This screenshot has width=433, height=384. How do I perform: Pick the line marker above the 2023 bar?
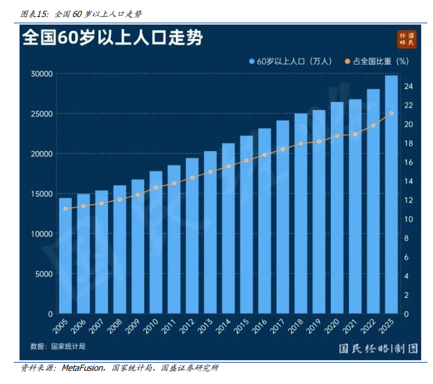tap(391, 113)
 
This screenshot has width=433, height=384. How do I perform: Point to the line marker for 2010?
tap(156, 187)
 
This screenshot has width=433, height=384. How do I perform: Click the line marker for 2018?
tap(301, 144)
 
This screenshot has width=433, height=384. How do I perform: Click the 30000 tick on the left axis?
tap(42, 74)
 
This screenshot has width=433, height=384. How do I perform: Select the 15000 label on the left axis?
tap(42, 194)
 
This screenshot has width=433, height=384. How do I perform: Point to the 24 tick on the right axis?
tap(408, 86)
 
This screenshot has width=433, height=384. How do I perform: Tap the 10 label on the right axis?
tap(408, 219)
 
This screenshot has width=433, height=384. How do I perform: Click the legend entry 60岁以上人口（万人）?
tap(291, 62)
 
